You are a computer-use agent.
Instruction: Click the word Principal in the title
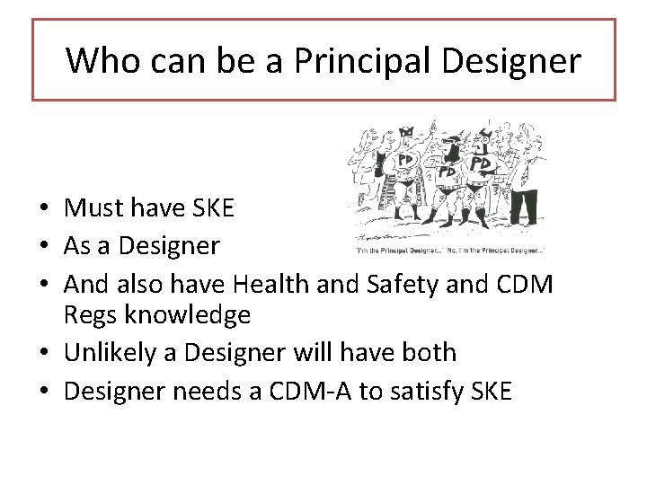pyautogui.click(x=350, y=61)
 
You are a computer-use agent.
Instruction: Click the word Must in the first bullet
pyautogui.click(x=93, y=208)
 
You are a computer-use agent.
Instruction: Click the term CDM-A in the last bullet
pyautogui.click(x=308, y=391)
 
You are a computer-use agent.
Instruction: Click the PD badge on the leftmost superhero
pyautogui.click(x=405, y=160)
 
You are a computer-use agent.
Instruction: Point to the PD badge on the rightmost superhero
pyautogui.click(x=482, y=164)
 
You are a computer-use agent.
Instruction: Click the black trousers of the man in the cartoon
pyautogui.click(x=524, y=206)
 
